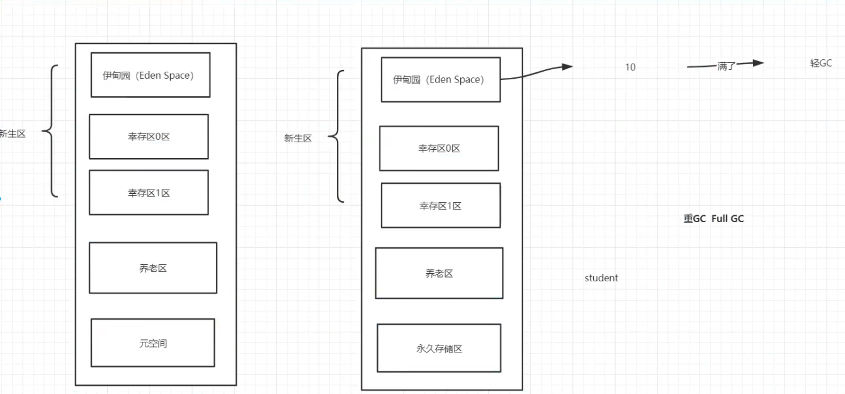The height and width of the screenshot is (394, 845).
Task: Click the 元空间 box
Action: click(153, 342)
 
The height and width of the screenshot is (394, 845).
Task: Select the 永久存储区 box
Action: click(439, 348)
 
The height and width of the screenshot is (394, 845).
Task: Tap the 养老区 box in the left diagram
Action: click(153, 268)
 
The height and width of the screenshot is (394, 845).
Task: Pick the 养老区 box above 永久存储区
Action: click(439, 273)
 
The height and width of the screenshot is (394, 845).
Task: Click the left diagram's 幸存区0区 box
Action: click(149, 137)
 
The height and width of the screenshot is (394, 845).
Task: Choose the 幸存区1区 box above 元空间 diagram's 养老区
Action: click(149, 193)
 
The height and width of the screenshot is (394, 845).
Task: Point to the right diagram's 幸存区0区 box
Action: click(439, 149)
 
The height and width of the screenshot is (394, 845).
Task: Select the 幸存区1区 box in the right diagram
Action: click(440, 205)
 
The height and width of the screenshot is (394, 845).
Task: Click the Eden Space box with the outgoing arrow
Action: click(440, 79)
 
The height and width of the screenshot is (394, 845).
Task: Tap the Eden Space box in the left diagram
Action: click(150, 75)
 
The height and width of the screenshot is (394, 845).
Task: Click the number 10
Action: click(630, 67)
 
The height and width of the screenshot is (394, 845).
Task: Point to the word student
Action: click(601, 278)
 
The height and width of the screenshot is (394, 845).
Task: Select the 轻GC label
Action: click(821, 63)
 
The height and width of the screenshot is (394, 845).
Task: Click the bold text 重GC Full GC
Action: click(713, 219)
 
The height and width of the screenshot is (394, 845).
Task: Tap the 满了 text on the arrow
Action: click(726, 66)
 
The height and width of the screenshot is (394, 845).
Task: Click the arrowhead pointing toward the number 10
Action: click(567, 66)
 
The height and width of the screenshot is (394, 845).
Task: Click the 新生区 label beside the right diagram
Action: click(298, 138)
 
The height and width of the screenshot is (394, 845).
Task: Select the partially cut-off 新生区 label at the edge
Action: click(13, 133)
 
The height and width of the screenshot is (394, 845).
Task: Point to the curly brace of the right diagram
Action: click(337, 136)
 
